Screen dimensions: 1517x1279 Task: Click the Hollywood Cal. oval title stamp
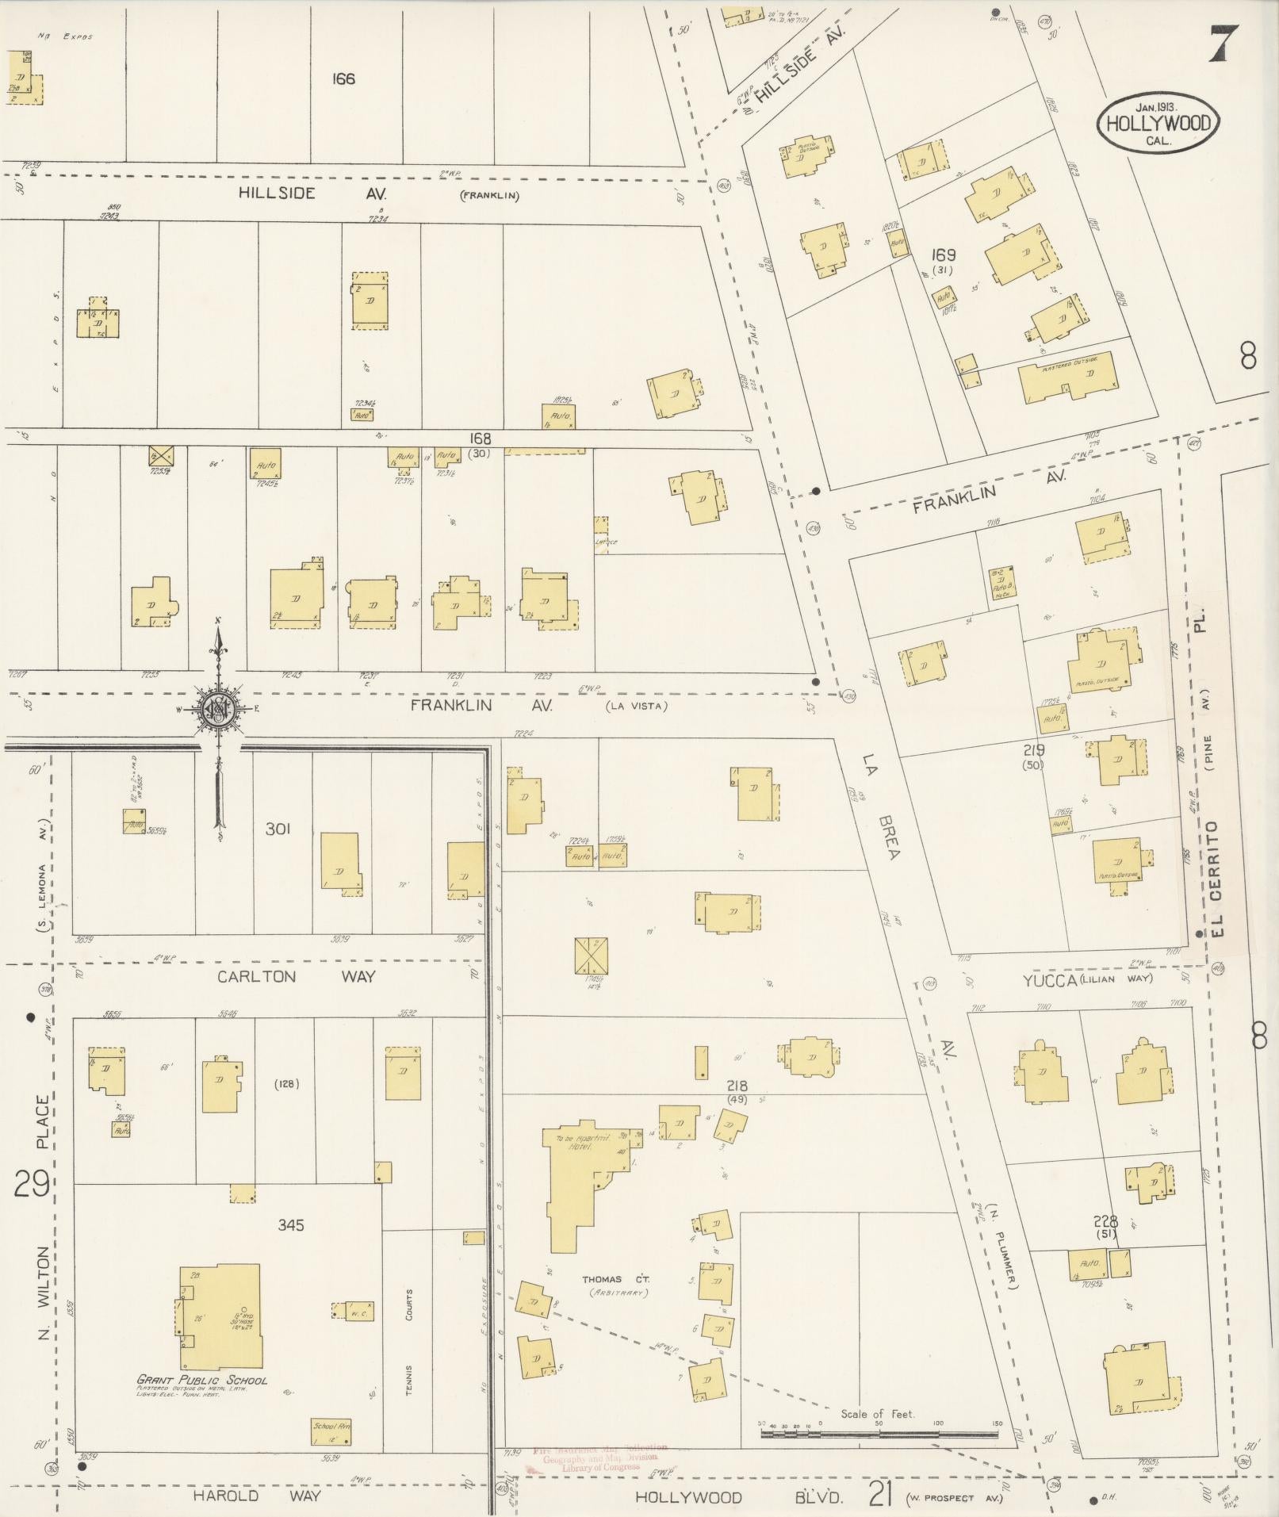[x=1158, y=123]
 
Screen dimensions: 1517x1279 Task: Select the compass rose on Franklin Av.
[x=216, y=708]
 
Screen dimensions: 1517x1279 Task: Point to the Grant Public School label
[x=202, y=1380]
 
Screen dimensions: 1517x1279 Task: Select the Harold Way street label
[x=257, y=1496]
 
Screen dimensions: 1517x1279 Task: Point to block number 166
[x=343, y=79]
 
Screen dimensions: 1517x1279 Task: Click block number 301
[x=278, y=829]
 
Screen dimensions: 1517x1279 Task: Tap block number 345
[x=291, y=1225]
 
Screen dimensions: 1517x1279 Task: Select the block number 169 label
[x=944, y=255]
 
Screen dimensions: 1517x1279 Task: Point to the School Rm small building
[x=330, y=1431]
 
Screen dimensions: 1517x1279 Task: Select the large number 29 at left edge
[x=32, y=1184]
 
